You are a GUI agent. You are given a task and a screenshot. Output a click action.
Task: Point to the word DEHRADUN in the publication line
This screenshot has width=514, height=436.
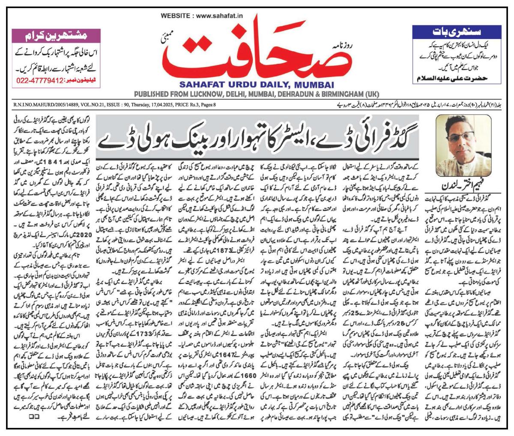pos(289,94)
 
